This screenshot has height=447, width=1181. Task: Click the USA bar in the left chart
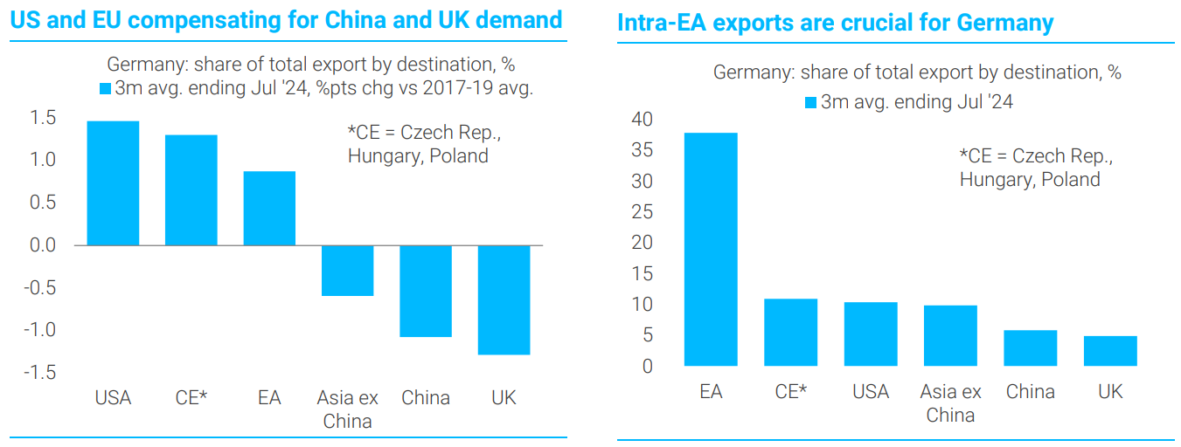pyautogui.click(x=113, y=182)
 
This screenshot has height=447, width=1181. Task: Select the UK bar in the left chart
pyautogui.click(x=504, y=299)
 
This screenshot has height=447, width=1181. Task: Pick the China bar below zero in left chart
pyautogui.click(x=426, y=291)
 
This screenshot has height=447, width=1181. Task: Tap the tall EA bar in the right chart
pyautogui.click(x=711, y=249)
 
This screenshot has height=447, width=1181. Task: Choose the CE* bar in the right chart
pyautogui.click(x=790, y=332)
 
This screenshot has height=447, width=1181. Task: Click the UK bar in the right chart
pyautogui.click(x=1110, y=351)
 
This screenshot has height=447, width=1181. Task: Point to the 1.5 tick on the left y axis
pyautogui.click(x=43, y=118)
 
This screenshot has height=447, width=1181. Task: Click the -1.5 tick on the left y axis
pyautogui.click(x=39, y=373)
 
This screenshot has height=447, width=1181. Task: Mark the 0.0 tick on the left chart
pyautogui.click(x=43, y=245)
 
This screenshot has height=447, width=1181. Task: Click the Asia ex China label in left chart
pyautogui.click(x=347, y=409)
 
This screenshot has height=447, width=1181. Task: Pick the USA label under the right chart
pyautogui.click(x=871, y=392)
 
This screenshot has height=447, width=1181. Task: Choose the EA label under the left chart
pyautogui.click(x=269, y=398)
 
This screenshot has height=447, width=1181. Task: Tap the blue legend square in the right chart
pyautogui.click(x=810, y=103)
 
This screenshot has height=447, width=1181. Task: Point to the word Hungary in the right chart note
pyautogui.click(x=994, y=180)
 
